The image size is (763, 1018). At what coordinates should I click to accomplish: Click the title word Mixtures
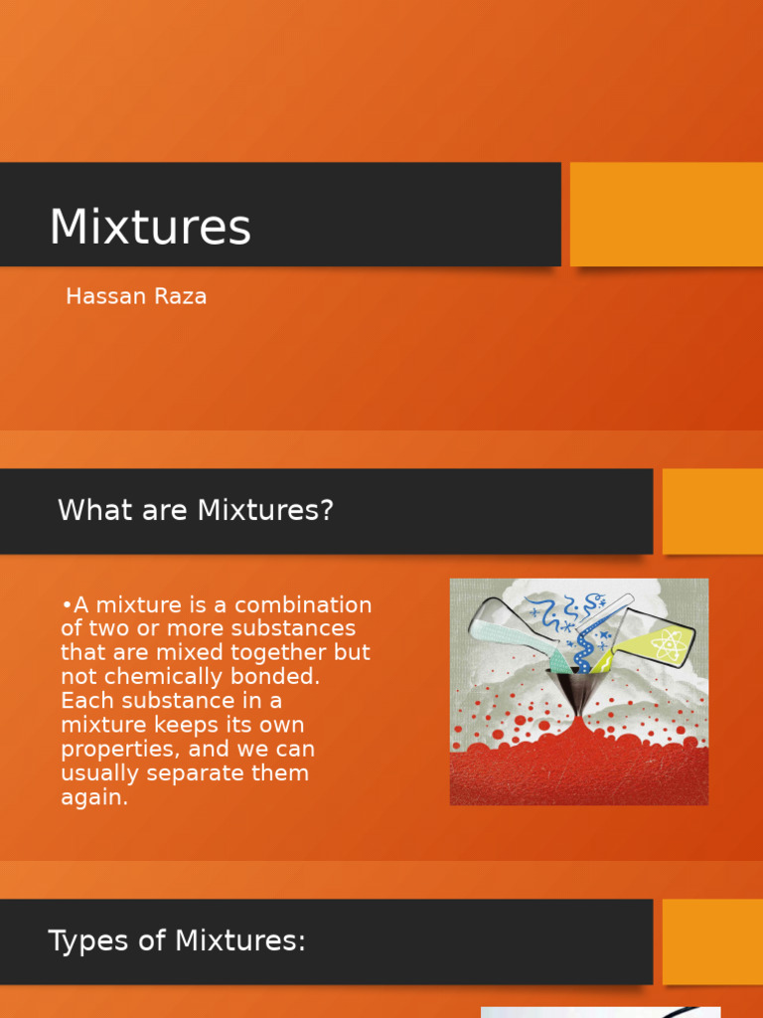pos(150,228)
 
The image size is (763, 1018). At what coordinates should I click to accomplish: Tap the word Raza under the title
pos(181,296)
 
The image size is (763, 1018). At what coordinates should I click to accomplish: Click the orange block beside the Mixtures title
pos(666,214)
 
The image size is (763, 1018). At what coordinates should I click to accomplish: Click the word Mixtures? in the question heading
pos(265,511)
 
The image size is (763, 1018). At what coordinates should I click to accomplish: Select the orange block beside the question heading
pos(712,511)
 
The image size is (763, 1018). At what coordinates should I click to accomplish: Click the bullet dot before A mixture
pos(66,605)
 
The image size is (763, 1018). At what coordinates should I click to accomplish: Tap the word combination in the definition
pos(303,605)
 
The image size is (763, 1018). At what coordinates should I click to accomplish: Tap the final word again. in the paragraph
pos(94,797)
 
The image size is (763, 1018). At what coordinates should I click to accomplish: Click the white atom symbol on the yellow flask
pos(664,645)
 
